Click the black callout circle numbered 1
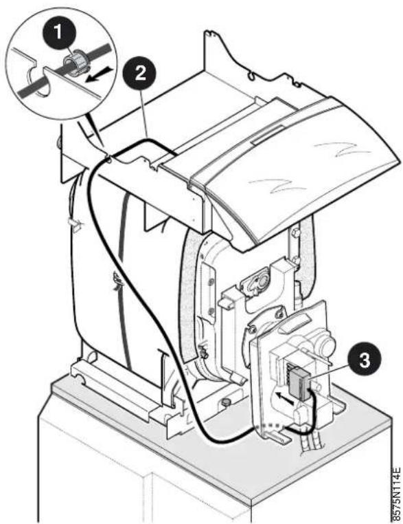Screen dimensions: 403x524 59,33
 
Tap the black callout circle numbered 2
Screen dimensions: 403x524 141,72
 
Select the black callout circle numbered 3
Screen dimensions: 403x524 365,361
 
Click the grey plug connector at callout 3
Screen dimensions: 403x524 300,383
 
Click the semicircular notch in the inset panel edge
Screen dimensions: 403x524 38,81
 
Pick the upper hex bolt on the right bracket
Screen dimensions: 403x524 295,232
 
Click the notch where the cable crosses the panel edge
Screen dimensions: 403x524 108,157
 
